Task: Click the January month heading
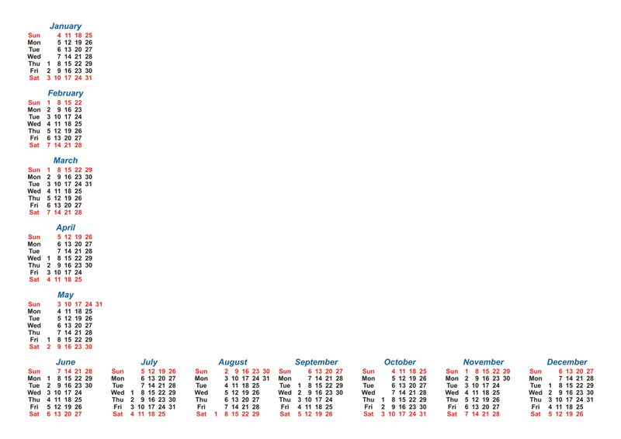tap(65, 26)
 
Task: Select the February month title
tap(65, 93)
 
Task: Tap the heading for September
tap(316, 362)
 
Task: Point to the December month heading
tap(567, 362)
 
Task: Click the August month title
tap(232, 362)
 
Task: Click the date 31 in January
tap(88, 78)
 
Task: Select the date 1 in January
tap(49, 64)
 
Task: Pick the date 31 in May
tap(99, 304)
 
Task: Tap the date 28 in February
tap(78, 145)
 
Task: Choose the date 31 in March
tap(88, 184)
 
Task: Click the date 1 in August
tap(216, 414)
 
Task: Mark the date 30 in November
tap(506, 379)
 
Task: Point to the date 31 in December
tap(590, 399)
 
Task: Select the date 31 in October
tap(422, 414)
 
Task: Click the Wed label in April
tap(34, 258)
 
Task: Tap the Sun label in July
tap(118, 372)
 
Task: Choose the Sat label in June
tap(34, 414)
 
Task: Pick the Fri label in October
tap(368, 407)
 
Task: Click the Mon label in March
tap(34, 177)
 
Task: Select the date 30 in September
tap(339, 392)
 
